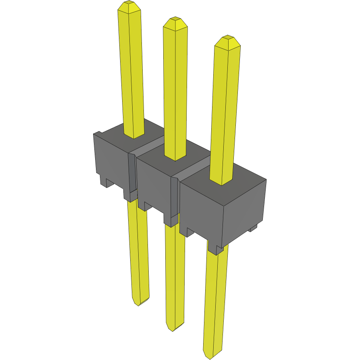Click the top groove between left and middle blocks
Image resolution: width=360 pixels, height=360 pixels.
(x=149, y=147)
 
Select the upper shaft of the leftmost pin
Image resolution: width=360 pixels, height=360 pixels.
(x=131, y=73)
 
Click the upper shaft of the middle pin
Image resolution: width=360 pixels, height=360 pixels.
(x=175, y=89)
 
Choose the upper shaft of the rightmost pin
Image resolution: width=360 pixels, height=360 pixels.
(x=226, y=109)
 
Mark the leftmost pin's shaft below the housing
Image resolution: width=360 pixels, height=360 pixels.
(x=139, y=250)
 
